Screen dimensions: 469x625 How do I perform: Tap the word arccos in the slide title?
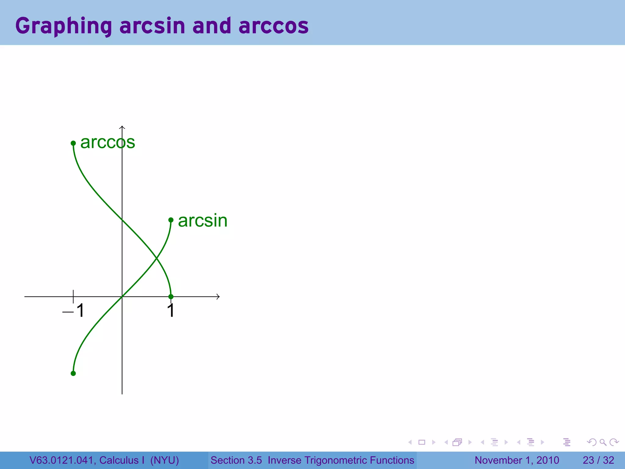(x=273, y=26)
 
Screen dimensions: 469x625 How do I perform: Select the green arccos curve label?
(x=107, y=142)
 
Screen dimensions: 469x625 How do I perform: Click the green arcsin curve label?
(x=203, y=220)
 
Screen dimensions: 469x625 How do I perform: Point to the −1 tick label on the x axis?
(x=73, y=311)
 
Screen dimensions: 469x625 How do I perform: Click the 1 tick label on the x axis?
(x=171, y=311)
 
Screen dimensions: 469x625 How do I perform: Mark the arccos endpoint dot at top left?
(x=73, y=143)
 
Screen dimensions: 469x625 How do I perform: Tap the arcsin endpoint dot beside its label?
(x=171, y=220)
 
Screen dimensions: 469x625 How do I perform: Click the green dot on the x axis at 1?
(x=171, y=296)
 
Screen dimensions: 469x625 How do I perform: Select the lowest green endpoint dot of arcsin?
(x=73, y=373)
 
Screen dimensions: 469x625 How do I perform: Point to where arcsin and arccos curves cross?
(x=157, y=259)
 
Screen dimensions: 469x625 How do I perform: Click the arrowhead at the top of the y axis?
(x=122, y=127)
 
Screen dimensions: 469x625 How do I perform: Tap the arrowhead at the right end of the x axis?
(x=218, y=296)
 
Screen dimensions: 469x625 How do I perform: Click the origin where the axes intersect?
(x=122, y=296)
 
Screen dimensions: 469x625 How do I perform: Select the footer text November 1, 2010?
(x=517, y=460)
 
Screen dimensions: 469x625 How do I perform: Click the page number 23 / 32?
(x=598, y=460)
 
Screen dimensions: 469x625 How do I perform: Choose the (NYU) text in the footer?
(x=164, y=460)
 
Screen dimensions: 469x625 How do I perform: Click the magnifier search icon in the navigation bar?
(x=603, y=442)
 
